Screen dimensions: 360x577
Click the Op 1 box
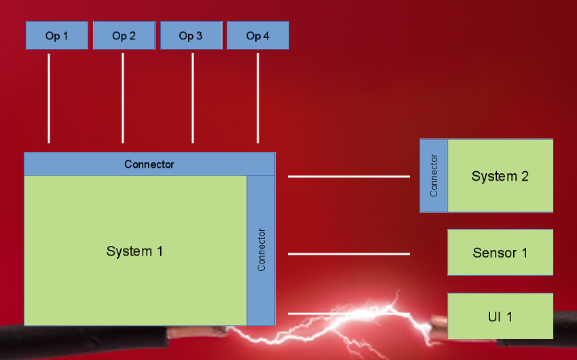[x=57, y=36]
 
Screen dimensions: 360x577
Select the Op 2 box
[x=124, y=36]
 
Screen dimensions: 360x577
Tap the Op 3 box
[x=191, y=36]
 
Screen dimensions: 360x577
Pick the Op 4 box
[x=258, y=36]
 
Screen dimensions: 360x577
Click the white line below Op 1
[x=49, y=98]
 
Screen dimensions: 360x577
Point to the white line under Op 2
[x=123, y=98]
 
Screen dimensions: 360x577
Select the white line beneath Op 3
[x=193, y=98]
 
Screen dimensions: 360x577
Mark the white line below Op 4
[x=258, y=98]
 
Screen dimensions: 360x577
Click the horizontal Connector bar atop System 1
[x=149, y=164]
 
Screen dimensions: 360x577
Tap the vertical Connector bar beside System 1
[x=261, y=250]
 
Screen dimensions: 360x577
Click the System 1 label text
[x=134, y=251]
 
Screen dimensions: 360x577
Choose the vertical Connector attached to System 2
[x=434, y=175]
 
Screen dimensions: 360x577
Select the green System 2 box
[x=500, y=176]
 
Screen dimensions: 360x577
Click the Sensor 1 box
[x=500, y=253]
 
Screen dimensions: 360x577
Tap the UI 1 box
[x=500, y=316]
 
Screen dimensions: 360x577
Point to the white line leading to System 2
[x=349, y=177]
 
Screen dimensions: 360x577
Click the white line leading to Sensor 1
[x=349, y=254]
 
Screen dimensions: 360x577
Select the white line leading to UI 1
[x=349, y=314]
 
